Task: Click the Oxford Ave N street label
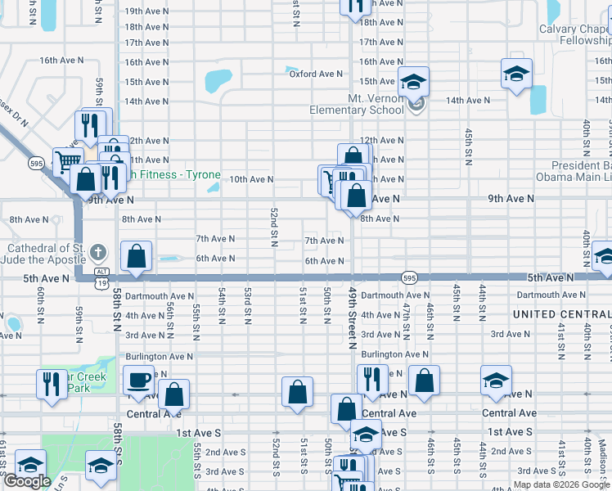[x=316, y=74]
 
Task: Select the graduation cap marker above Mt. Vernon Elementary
[x=414, y=81]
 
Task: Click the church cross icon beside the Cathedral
[x=97, y=251]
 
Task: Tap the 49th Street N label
[x=353, y=315]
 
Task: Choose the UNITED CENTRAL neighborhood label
[x=561, y=315]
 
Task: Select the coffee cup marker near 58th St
[x=138, y=380]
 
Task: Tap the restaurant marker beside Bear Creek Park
[x=52, y=384]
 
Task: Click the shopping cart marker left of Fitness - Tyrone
[x=68, y=161]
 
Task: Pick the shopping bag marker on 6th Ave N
[x=136, y=256]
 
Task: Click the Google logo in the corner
[x=27, y=481]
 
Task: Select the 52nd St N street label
[x=274, y=227]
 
